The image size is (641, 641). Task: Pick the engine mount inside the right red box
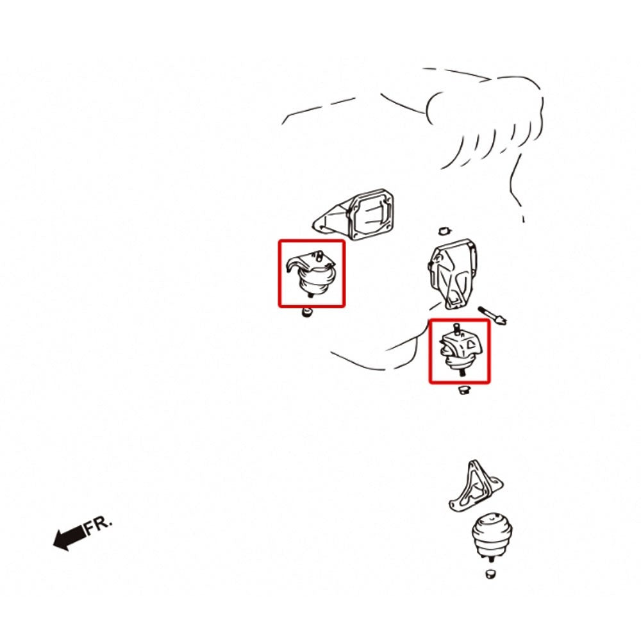click(460, 349)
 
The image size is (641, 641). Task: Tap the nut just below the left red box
click(307, 313)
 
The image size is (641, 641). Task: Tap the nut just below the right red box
click(463, 389)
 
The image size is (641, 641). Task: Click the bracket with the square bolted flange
click(354, 214)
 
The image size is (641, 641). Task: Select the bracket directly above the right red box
click(452, 274)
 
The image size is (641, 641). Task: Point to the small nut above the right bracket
click(444, 231)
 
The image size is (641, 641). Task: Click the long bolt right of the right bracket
click(492, 315)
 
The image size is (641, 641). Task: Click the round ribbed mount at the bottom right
click(492, 535)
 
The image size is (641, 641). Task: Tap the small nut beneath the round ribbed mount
click(491, 573)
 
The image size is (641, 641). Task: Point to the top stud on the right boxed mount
click(457, 328)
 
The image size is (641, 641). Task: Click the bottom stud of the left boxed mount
click(310, 294)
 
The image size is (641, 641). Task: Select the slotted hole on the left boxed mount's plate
click(318, 256)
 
